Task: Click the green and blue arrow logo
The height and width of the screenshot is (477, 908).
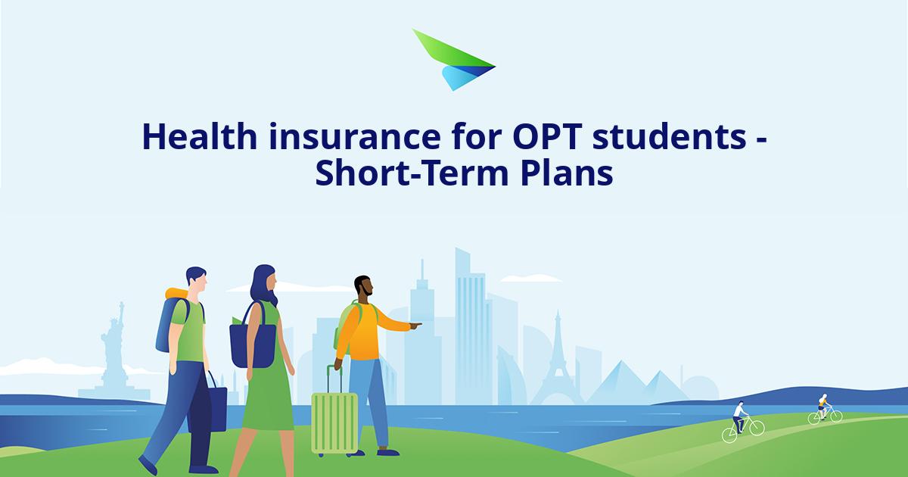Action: pyautogui.click(x=452, y=61)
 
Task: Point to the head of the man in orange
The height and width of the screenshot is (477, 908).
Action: pyautogui.click(x=363, y=288)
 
